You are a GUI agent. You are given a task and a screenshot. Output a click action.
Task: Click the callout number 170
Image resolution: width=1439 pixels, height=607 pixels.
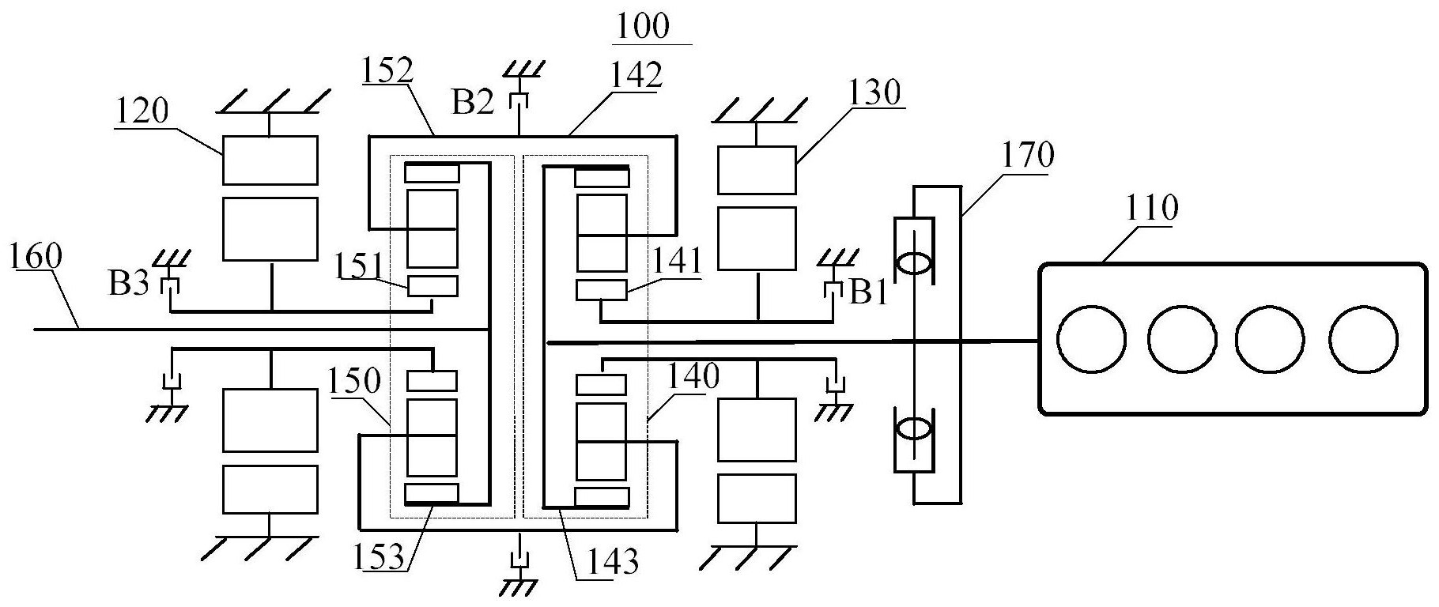(x=1028, y=156)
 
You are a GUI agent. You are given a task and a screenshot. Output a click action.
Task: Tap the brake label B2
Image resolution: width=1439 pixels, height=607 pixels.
(x=473, y=102)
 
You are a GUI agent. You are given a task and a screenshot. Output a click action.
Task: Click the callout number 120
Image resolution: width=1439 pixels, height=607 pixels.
(x=142, y=112)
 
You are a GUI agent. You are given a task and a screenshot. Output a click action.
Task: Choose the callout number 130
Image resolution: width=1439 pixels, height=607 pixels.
(x=875, y=92)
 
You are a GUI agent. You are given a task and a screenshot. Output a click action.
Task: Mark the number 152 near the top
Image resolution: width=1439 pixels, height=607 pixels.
(x=388, y=71)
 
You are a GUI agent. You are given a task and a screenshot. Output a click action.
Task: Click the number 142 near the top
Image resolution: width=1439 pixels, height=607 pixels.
(x=635, y=76)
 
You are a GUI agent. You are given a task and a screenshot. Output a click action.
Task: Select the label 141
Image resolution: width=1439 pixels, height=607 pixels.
(x=677, y=262)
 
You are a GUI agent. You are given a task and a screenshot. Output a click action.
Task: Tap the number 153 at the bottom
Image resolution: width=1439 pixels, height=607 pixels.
(x=387, y=557)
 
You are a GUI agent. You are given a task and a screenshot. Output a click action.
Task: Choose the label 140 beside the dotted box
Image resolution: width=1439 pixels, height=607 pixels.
(x=693, y=377)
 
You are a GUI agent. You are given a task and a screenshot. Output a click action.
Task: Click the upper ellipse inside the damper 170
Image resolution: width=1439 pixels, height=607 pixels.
(x=916, y=262)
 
